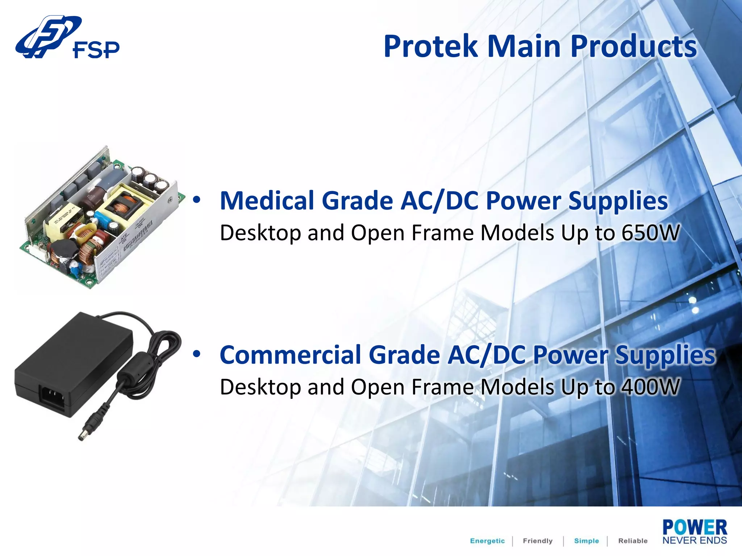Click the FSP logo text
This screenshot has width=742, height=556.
point(96,50)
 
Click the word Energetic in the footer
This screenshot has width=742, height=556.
point(487,541)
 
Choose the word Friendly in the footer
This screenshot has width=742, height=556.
point(538,541)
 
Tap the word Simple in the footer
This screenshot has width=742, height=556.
point(586,541)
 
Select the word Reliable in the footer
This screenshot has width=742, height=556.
point(633,541)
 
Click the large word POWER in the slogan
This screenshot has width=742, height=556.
point(694,527)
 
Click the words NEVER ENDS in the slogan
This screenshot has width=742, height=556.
point(694,540)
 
